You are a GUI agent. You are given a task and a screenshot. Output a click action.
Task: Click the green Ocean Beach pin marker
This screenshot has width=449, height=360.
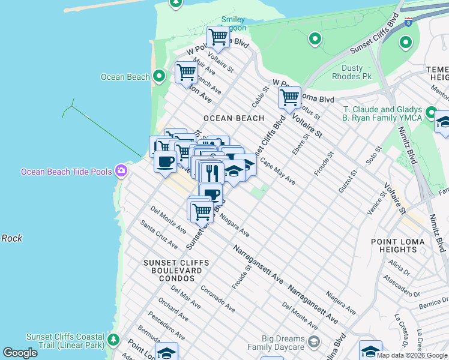pos(159,76)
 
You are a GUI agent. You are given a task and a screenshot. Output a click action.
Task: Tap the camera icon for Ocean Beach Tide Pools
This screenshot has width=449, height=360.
pos(122,171)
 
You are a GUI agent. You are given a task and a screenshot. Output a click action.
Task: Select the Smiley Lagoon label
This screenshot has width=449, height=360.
pos(233,23)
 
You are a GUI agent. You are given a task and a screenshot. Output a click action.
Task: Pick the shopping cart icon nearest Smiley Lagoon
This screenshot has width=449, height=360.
pos(218,38)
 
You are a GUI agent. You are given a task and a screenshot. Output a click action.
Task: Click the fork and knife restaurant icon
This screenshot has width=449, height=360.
pos(211,173)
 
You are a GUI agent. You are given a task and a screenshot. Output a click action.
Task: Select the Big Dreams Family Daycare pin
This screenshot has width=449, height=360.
pos(313,342)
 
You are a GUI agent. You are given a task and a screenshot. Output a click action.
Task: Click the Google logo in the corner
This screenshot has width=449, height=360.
pos(20,353)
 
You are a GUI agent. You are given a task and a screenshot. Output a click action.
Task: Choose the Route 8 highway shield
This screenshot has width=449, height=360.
pos(409,22)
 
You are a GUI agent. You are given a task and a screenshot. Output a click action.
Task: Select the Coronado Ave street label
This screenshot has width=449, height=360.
pos(218,298)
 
